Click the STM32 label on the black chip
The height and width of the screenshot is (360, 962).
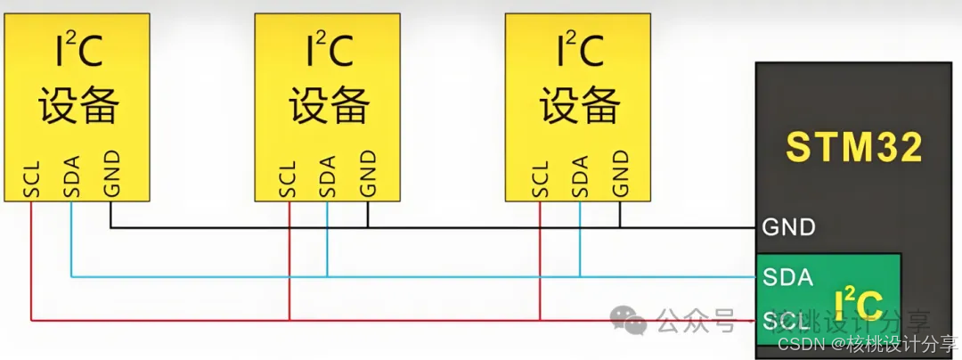click(x=853, y=147)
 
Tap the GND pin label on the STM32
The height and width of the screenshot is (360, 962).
click(x=788, y=227)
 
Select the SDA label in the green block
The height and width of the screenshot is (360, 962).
click(x=788, y=277)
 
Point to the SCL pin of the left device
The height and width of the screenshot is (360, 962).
click(x=30, y=177)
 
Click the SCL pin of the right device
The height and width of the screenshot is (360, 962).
click(x=539, y=177)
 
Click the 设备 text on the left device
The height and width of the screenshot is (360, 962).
click(x=77, y=106)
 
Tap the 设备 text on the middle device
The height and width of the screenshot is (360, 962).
click(x=329, y=106)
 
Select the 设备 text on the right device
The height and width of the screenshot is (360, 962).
click(x=580, y=106)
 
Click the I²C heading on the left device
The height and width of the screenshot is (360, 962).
click(x=75, y=53)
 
